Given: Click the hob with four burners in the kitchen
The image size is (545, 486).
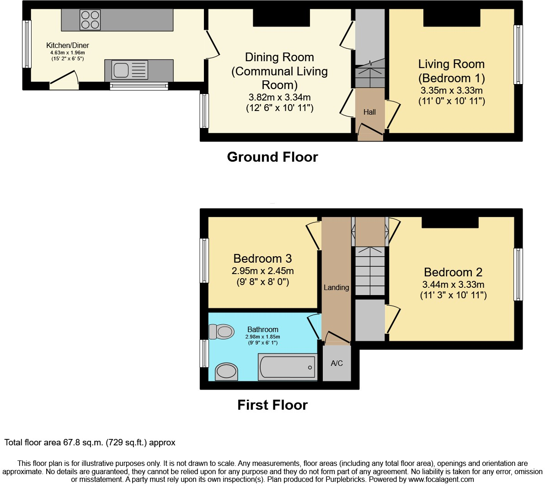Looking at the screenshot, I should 90,20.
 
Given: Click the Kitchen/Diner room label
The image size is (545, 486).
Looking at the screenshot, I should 68,45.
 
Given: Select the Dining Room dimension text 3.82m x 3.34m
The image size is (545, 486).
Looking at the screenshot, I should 279,97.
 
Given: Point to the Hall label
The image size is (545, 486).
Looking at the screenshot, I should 369,112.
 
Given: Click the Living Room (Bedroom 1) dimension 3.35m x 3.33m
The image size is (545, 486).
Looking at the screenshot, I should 451,90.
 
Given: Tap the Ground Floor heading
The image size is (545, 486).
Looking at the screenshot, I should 272,157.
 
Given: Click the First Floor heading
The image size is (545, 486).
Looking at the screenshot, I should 272,405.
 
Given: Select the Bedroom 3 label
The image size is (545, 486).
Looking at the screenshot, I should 262,259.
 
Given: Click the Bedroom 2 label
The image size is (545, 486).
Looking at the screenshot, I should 453,272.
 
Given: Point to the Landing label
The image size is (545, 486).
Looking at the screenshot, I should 336,287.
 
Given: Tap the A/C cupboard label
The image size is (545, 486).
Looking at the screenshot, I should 337,364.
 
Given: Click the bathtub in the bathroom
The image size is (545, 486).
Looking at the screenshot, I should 287,367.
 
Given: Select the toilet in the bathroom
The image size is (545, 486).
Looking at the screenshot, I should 221,331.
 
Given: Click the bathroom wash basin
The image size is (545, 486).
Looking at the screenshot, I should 227,371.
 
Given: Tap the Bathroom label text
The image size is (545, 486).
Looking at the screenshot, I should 262,329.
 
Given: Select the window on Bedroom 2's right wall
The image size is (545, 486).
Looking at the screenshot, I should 518,274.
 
